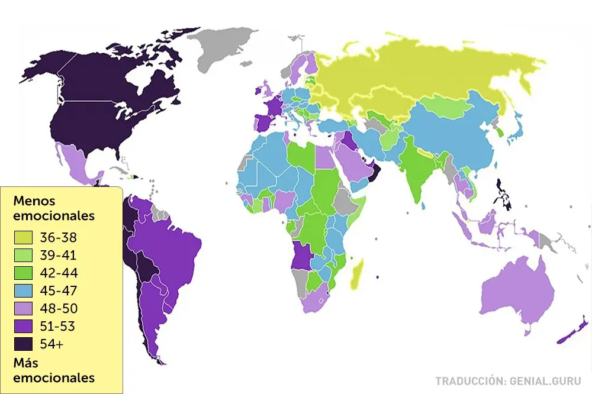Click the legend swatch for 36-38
[x=23, y=238]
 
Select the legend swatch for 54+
[x=23, y=344]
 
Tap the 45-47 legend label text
[x=57, y=291]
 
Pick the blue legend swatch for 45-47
[x=23, y=291]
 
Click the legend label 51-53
[x=57, y=327]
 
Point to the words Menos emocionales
[x=53, y=208]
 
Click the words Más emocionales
[x=53, y=370]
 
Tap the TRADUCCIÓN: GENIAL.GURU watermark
[x=509, y=381]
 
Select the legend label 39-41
[x=57, y=256]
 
